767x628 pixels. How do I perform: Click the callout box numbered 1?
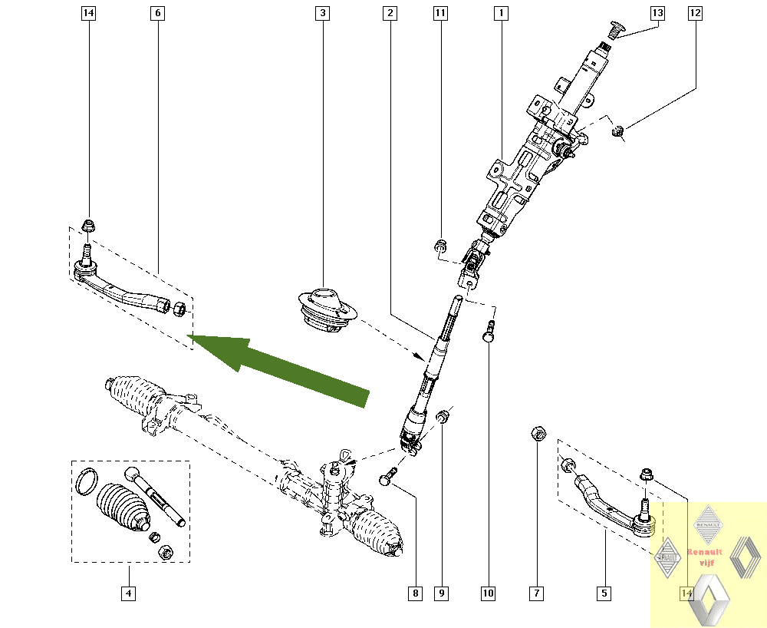500,13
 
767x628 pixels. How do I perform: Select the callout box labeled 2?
390,13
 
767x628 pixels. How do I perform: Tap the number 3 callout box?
323,13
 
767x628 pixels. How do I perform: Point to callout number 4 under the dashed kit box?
128,593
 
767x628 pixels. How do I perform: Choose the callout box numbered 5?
604,593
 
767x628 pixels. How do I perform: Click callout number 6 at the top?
158,13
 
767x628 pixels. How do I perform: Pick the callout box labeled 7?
537,593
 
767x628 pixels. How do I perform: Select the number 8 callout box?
416,593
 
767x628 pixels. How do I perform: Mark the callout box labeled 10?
489,593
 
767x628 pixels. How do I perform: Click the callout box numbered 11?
439,13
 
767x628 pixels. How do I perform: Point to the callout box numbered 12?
695,13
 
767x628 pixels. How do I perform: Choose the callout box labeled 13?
657,13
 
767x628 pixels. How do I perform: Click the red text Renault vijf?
704,557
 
